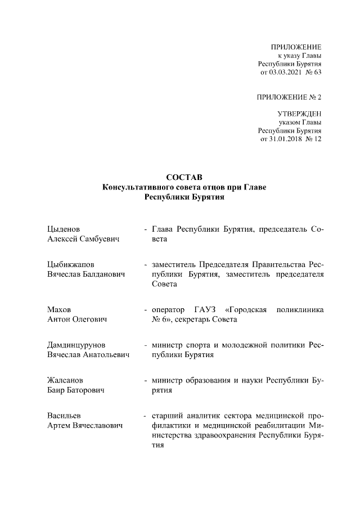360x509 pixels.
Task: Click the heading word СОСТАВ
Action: pos(180,178)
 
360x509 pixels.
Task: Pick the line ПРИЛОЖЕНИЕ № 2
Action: pos(289,97)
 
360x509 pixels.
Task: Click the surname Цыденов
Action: pos(64,229)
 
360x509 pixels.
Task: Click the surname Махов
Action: pos(60,309)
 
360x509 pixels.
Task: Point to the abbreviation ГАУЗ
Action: pos(205,309)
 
